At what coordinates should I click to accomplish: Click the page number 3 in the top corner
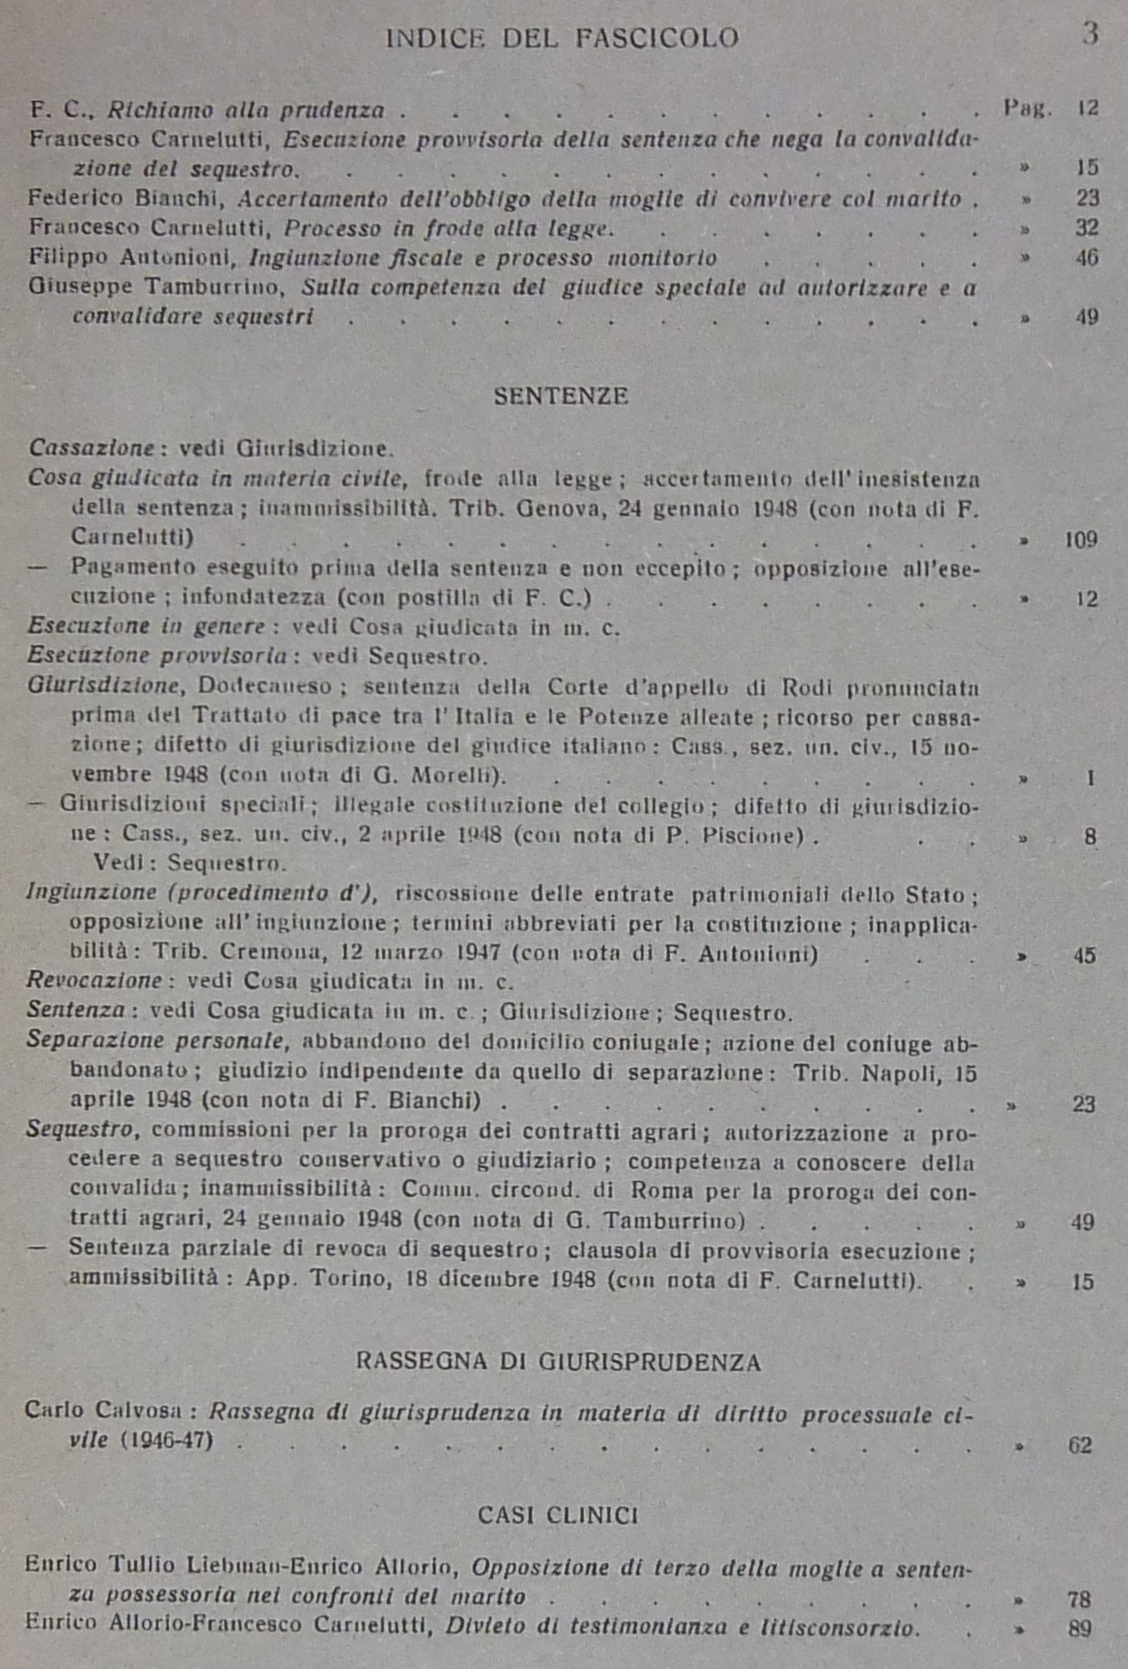tap(1090, 34)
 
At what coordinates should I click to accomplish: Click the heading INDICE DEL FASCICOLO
tap(562, 38)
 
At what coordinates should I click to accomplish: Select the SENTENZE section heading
tap(560, 396)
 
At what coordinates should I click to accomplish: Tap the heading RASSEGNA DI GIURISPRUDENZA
tap(558, 1363)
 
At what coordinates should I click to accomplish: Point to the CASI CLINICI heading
tap(558, 1515)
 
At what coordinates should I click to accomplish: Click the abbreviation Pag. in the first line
tap(1027, 108)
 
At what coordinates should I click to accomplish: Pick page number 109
tap(1080, 540)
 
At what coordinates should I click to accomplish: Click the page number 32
tap(1086, 228)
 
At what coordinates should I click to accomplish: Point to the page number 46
tap(1086, 258)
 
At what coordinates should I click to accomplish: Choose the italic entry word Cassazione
tap(91, 448)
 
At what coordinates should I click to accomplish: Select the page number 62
tap(1080, 1445)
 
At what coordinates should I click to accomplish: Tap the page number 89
tap(1080, 1629)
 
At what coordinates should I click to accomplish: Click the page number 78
tap(1080, 1599)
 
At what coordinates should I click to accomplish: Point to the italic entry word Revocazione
tap(94, 981)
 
